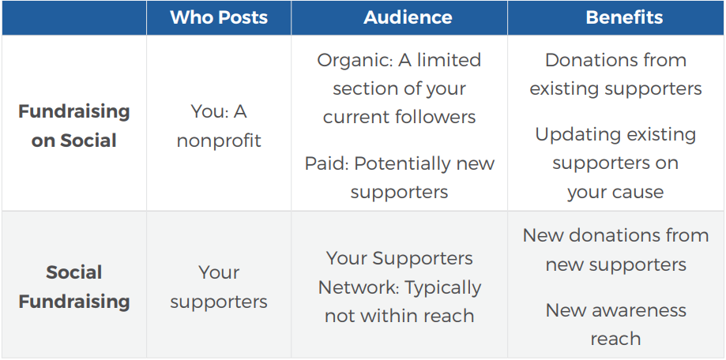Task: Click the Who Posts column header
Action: (219, 17)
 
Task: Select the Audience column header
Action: (408, 17)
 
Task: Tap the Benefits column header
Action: (624, 17)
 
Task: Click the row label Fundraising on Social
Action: (74, 126)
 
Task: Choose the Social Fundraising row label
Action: (74, 287)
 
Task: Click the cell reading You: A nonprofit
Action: (219, 126)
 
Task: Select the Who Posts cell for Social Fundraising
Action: (219, 287)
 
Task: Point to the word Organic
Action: (346, 61)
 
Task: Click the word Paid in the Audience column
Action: (326, 163)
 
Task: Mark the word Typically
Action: (443, 288)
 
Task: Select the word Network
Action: (359, 287)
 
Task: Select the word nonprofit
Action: (219, 141)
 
